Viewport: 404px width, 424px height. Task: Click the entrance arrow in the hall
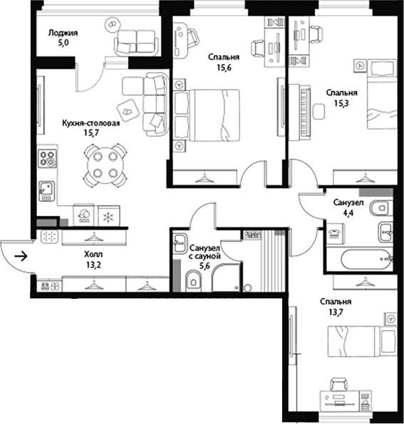(21, 255)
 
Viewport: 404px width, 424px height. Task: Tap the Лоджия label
(63, 33)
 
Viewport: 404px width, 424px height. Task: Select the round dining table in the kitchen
(105, 165)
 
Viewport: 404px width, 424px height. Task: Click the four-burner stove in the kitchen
(48, 159)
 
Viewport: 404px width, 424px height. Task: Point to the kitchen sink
(46, 191)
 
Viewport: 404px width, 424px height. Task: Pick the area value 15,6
(224, 68)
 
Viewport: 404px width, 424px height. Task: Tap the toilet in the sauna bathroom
(193, 282)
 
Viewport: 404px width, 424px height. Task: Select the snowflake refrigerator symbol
(108, 216)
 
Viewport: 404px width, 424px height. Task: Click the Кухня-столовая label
(91, 123)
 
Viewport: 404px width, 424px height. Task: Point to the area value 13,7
(336, 312)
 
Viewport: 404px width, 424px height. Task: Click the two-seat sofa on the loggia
(136, 42)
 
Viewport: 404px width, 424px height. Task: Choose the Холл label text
(93, 254)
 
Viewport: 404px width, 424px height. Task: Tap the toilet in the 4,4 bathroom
(380, 208)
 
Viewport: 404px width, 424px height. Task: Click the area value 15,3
(341, 103)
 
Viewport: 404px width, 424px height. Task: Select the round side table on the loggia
(113, 25)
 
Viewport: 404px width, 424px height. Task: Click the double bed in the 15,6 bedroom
(207, 115)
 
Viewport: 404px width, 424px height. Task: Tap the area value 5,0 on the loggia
(63, 43)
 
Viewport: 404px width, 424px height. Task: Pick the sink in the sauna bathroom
(180, 243)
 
